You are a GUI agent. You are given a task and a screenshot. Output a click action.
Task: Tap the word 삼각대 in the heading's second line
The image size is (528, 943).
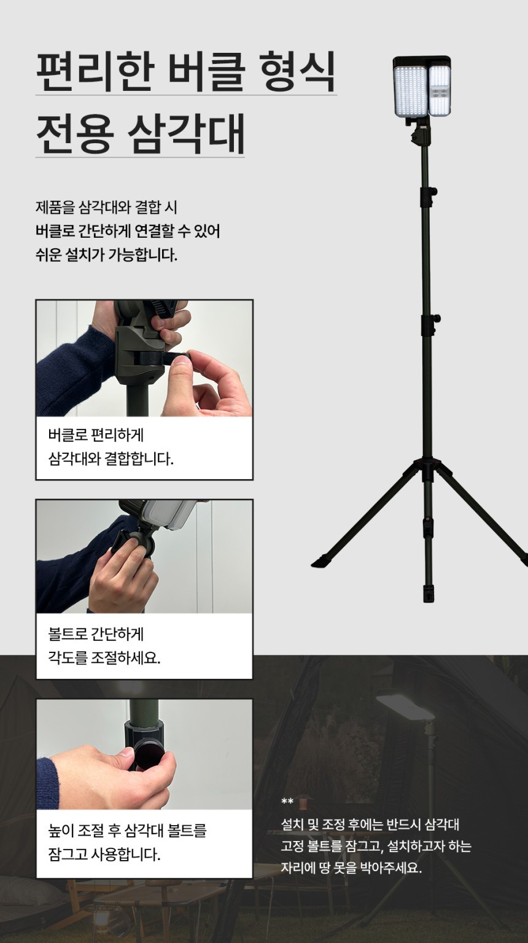[x=185, y=133]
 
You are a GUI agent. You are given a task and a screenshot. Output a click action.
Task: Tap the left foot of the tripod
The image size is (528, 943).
[x=322, y=561]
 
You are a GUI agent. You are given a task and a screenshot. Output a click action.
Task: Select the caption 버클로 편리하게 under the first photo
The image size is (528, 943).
[x=96, y=435]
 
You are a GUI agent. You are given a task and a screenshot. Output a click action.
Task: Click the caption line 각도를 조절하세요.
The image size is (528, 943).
[x=104, y=657]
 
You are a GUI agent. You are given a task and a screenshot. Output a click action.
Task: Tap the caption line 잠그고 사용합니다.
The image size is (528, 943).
[x=104, y=854]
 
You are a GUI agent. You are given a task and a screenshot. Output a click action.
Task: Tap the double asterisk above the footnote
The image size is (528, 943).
[x=287, y=801]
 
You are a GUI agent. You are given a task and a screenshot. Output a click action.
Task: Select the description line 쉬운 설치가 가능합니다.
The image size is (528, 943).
[x=106, y=255]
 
